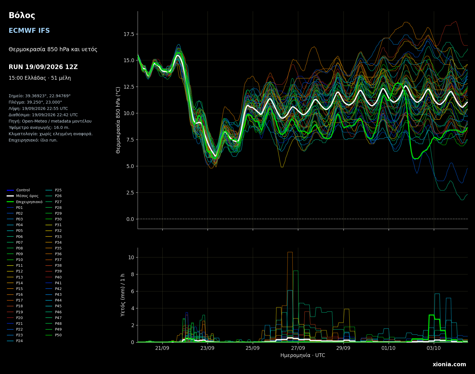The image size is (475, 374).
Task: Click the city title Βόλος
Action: pos(22,16)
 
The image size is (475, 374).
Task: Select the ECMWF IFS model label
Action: pos(29,31)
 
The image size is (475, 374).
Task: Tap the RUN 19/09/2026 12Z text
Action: pos(43,67)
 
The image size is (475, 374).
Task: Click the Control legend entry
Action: pos(18,190)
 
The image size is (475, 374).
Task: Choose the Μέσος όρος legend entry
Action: pos(23,196)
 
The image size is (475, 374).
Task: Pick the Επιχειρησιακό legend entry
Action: pos(25,202)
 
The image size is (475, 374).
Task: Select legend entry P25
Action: pos(54,190)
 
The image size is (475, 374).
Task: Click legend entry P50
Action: pos(54,335)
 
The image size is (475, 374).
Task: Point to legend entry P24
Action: pos(15,341)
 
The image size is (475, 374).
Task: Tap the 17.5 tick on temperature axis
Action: pos(129,34)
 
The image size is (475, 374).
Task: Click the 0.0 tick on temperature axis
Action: pos(130,219)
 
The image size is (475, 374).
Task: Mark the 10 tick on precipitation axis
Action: pos(131,257)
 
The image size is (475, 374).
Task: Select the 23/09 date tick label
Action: pos(208,348)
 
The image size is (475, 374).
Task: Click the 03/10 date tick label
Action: pos(434,348)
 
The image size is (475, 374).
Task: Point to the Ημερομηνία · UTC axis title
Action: pos(303,356)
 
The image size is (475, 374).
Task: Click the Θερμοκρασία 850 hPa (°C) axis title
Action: pos(118,120)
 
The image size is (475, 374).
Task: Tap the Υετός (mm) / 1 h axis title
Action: pos(123,295)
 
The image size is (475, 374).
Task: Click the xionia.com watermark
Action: pos(449,365)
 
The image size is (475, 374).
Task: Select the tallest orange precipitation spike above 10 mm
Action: pos(290,252)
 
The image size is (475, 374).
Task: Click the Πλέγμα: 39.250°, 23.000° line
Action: pos(35,102)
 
